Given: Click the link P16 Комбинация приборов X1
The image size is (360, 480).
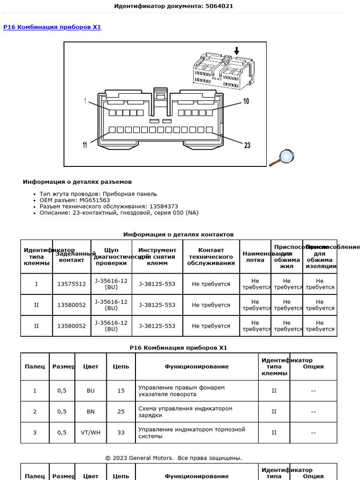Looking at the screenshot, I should point(52,27).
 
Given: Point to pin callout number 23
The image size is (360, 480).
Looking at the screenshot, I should point(247,145).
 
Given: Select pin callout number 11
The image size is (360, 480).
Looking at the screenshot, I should point(85,145).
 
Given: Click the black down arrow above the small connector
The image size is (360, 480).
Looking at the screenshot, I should point(236,51).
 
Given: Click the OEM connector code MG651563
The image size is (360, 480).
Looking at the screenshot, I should point(95,200).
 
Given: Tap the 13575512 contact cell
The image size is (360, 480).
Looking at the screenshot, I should point(72,284).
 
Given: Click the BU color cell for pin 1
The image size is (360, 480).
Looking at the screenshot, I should point(90,390).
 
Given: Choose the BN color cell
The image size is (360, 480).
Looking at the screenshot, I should point(90,412).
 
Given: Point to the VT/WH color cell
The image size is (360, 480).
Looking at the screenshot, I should point(90,433).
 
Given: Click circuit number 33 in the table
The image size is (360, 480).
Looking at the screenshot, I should point(121,433).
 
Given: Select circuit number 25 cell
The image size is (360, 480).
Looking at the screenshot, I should point(121,412).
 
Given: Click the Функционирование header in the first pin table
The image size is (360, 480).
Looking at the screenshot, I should point(196,367).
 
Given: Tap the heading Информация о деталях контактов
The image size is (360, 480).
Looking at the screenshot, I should point(178,234).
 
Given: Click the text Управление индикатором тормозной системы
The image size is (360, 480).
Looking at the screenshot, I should point(192,433).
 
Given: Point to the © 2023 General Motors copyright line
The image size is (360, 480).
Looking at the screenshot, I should point(173,457).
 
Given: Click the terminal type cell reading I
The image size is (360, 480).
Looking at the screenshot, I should point(37,284).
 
